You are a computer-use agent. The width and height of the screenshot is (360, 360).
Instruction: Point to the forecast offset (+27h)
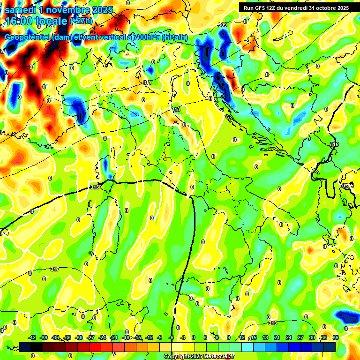[x=82, y=21]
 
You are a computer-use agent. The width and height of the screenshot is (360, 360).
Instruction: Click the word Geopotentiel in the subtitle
[x=28, y=38]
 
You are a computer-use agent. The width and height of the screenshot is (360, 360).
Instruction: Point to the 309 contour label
[x=223, y=25]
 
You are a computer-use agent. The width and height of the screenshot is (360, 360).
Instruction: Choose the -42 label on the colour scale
[x=32, y=337]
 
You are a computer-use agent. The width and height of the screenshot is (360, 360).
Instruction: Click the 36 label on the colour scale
[x=336, y=337]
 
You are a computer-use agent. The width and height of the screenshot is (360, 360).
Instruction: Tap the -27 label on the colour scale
[x=91, y=337]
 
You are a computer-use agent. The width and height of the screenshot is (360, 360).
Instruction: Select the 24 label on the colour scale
[x=289, y=337]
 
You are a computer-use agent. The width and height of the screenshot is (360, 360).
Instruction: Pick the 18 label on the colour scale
[x=265, y=337]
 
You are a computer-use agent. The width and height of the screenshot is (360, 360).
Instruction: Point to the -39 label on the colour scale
[x=44, y=337]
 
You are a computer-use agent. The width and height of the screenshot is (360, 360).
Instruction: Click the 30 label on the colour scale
[x=312, y=337]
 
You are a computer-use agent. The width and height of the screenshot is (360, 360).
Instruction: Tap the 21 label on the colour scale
[x=277, y=337]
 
